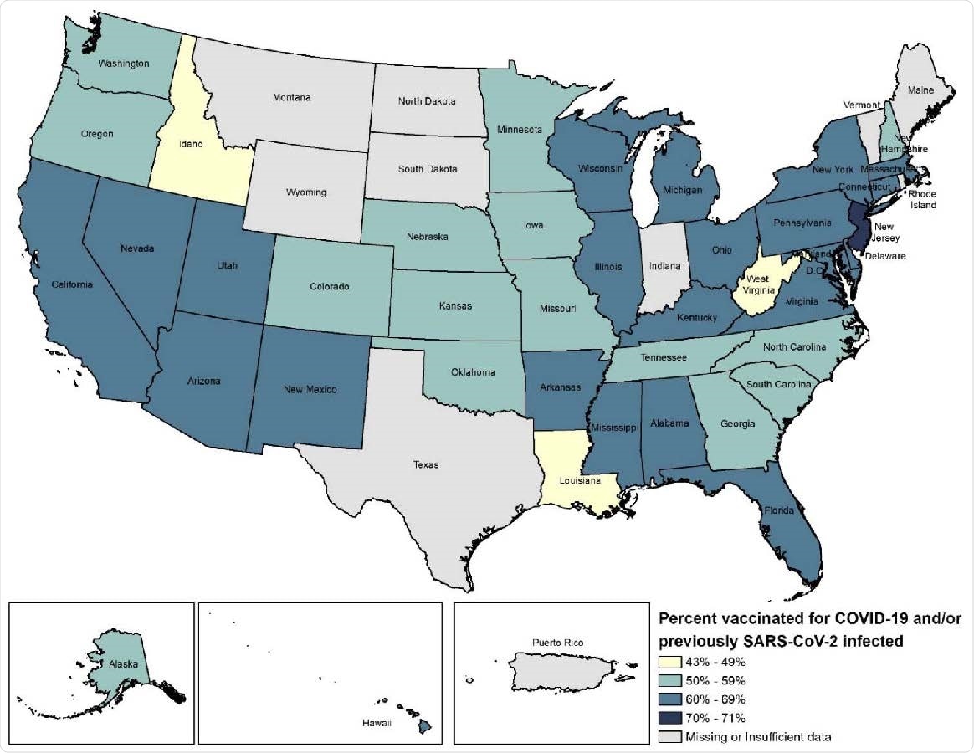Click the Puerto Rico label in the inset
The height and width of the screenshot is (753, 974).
click(x=557, y=643)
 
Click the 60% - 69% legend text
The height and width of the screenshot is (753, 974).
click(x=715, y=699)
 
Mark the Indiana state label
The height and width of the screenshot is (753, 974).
click(x=665, y=267)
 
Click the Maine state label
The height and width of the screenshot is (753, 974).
click(x=921, y=89)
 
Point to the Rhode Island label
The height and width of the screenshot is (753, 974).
click(x=923, y=199)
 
